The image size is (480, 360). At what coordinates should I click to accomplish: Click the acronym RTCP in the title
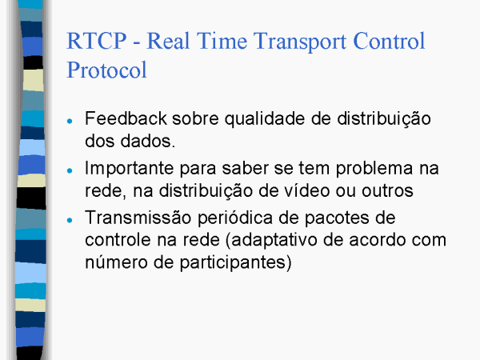click(97, 41)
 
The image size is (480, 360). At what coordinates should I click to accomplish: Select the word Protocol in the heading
click(106, 70)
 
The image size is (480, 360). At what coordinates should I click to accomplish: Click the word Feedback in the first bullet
click(126, 118)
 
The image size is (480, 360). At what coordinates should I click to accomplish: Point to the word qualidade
click(265, 119)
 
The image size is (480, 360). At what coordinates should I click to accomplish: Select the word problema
click(374, 169)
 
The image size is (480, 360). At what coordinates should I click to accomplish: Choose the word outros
click(387, 191)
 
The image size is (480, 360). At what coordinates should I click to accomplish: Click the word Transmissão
click(138, 218)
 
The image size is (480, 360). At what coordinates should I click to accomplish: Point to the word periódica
click(234, 218)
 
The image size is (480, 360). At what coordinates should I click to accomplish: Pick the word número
click(116, 262)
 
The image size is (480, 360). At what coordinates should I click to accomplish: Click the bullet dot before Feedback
click(70, 122)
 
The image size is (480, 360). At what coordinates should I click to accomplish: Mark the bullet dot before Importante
click(70, 171)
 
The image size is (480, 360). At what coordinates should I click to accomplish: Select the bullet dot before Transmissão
click(70, 220)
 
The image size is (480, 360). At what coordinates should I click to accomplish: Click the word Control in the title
click(389, 41)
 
